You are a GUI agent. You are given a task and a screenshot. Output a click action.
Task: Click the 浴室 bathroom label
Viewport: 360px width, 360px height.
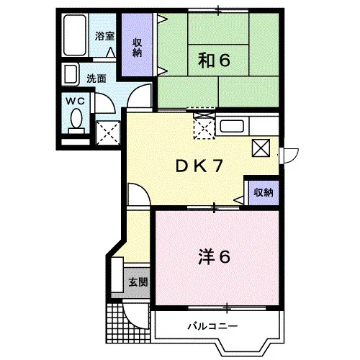[x=104, y=36]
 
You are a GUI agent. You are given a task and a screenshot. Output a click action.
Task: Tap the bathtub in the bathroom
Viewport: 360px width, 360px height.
[x=75, y=35]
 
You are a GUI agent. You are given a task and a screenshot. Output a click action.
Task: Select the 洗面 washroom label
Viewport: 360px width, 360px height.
[x=96, y=78]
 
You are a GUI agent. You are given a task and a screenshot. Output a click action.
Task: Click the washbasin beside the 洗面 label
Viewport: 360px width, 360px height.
[x=71, y=74]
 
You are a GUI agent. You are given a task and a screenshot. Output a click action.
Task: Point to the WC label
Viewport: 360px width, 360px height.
[x=76, y=101]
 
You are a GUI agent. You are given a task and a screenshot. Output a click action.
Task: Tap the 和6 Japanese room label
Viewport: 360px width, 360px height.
[x=214, y=60]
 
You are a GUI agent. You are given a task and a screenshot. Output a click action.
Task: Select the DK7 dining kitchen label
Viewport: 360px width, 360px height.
[x=199, y=166]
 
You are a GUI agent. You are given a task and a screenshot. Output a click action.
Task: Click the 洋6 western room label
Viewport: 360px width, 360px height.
[x=214, y=256]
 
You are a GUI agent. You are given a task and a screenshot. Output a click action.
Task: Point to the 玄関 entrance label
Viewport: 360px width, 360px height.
[x=138, y=282]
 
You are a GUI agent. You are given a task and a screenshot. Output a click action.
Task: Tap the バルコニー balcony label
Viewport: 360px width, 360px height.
[x=212, y=326]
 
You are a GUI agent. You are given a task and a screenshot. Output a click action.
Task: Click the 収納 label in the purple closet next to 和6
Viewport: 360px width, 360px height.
[x=137, y=48]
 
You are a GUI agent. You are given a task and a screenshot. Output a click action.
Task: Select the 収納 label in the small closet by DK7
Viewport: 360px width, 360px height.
[x=264, y=192]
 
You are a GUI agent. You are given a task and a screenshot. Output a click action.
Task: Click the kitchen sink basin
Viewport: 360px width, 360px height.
[x=232, y=126]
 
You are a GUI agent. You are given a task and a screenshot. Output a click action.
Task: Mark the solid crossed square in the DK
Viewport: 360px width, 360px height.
[x=261, y=148]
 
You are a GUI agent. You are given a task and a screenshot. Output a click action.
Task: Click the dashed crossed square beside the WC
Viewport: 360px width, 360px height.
[x=108, y=132]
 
